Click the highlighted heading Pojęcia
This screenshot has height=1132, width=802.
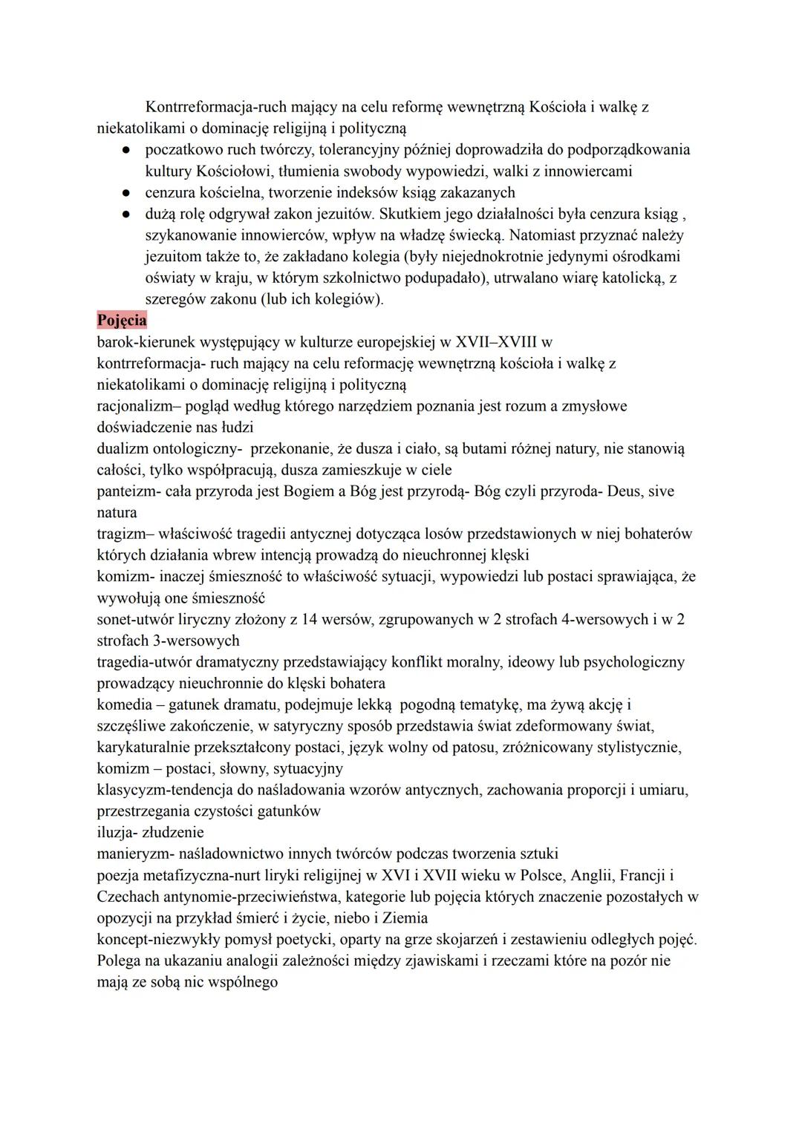pos(122,321)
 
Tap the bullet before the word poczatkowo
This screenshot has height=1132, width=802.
pos(127,150)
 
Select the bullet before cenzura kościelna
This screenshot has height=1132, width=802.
pos(127,193)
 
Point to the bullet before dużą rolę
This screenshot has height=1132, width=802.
pos(127,215)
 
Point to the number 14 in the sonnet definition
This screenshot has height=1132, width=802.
pos(310,619)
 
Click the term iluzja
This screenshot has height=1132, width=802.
pos(116,832)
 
